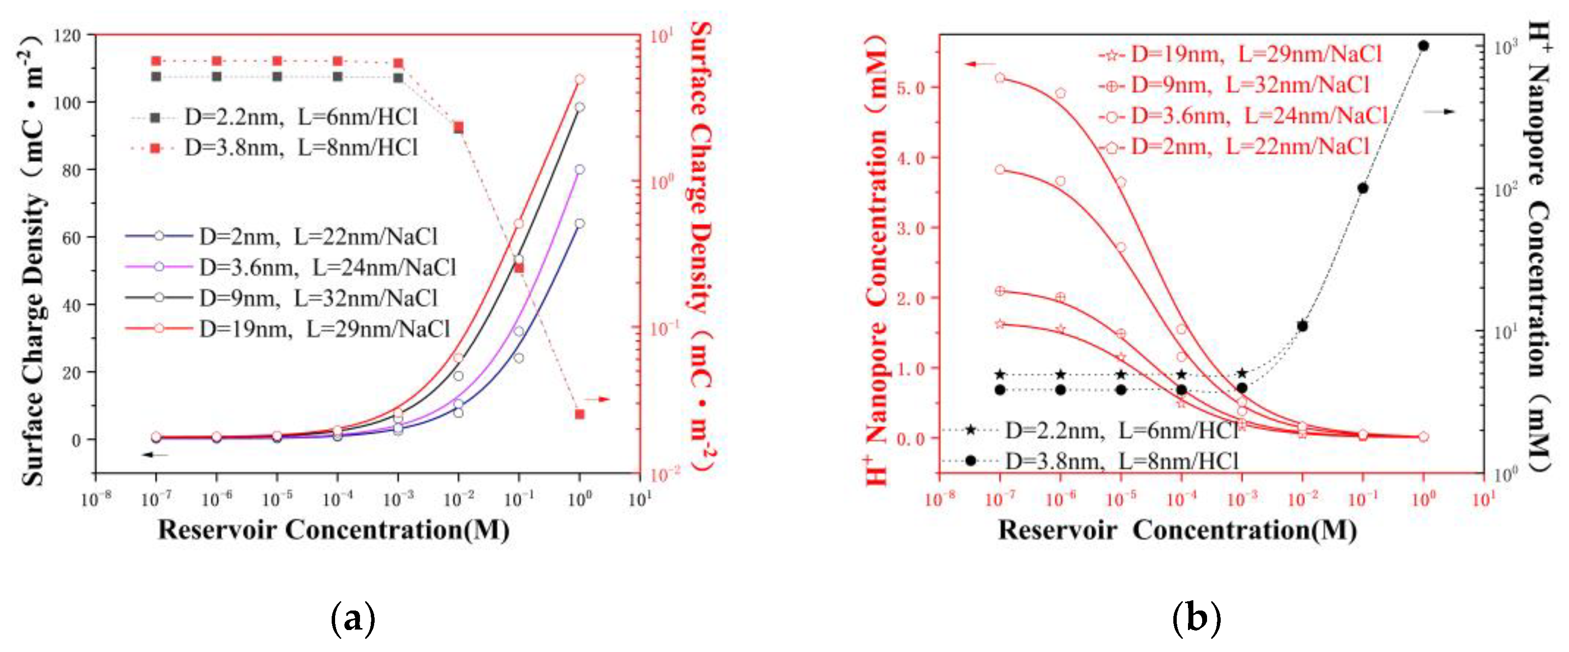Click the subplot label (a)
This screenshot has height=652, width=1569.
[353, 619]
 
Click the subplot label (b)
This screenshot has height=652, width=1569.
[1196, 619]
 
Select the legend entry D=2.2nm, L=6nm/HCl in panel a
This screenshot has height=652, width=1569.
[301, 116]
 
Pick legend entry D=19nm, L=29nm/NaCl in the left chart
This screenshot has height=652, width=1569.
[323, 329]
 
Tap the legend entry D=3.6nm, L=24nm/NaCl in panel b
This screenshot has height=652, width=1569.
[1258, 115]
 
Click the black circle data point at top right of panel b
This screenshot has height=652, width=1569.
[1423, 46]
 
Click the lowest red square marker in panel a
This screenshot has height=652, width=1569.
[580, 414]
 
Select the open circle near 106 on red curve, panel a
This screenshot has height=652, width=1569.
[580, 79]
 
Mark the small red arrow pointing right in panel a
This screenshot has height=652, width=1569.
[597, 399]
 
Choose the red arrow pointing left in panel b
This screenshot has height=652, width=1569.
[979, 64]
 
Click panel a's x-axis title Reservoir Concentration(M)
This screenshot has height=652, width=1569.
[334, 529]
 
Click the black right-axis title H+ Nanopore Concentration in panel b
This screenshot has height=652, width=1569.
[1539, 244]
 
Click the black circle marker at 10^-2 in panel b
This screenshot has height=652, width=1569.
[1302, 326]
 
